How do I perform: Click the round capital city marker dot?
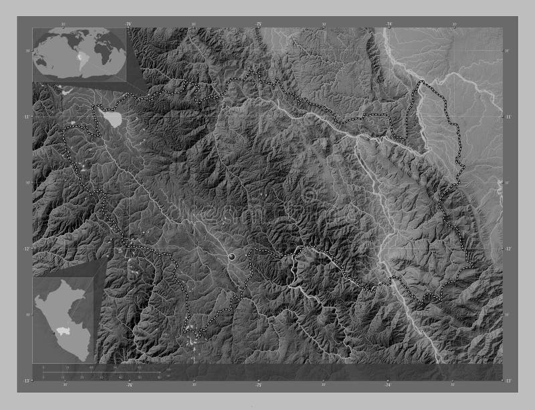coord(232,256)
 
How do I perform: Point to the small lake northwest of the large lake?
coord(99,107)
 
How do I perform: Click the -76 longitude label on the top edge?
coord(128,23)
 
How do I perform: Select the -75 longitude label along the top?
coord(258,23)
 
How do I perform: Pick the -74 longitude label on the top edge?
coord(389,23)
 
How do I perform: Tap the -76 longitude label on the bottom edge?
coord(128,385)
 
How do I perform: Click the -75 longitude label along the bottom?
coord(258,385)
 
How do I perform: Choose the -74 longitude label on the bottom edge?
coord(389,385)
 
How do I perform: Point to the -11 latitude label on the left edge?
coord(27,117)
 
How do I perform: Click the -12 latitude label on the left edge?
coord(27,249)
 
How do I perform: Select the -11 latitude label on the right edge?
coord(508,117)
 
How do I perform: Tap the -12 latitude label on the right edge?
coord(508,249)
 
